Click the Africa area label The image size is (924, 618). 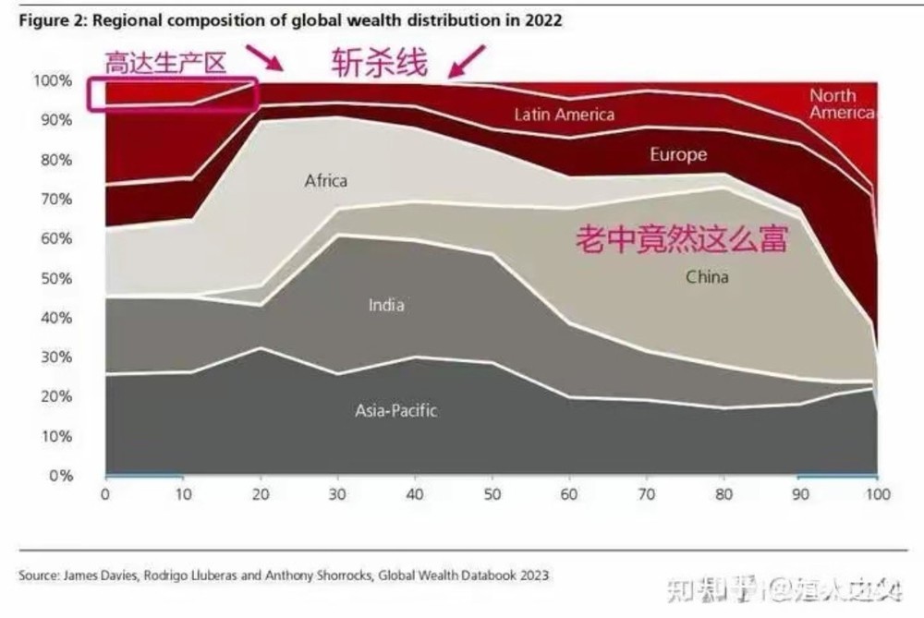(326, 181)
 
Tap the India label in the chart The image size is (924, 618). (386, 305)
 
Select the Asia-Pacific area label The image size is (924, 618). (395, 410)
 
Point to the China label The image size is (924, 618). (707, 276)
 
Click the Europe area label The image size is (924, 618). (677, 154)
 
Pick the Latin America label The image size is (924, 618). (564, 115)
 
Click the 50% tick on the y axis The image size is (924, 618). (54, 278)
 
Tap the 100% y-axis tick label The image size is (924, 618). (52, 80)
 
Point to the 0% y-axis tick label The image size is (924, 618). (59, 476)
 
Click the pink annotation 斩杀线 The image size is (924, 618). (381, 63)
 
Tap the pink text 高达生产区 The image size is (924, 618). (165, 64)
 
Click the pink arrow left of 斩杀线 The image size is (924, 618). (270, 60)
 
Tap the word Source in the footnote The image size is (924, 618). (40, 575)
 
